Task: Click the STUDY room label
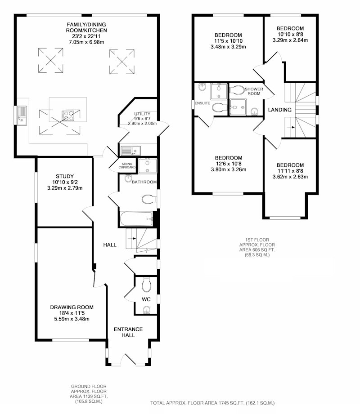coord(65,176)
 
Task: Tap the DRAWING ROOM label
coord(72,307)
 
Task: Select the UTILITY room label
coord(142,114)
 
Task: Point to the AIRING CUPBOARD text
coord(127,165)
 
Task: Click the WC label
coord(146,299)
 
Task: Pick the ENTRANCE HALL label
coord(128,332)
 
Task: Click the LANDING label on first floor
coord(279,110)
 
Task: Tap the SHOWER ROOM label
coord(254,91)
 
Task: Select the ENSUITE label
coord(202,103)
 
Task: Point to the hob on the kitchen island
coord(68,116)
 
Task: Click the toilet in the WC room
coord(146,285)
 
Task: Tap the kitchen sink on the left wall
coord(22,116)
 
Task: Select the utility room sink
coord(131,151)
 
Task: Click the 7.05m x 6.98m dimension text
coord(86,42)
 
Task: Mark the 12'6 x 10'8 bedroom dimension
coord(228,164)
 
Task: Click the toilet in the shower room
coord(237,90)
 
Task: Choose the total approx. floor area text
coord(212,403)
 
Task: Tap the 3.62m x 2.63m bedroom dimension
coord(290,177)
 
